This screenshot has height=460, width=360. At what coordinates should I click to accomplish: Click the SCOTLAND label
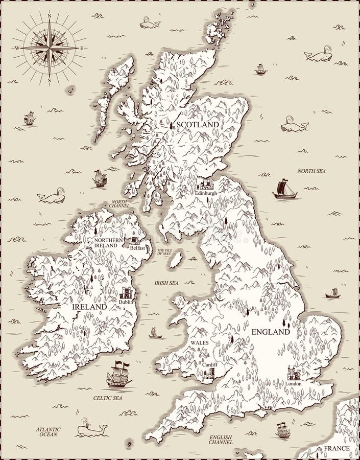(x=198, y=125)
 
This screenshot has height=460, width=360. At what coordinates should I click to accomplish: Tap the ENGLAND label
(x=271, y=332)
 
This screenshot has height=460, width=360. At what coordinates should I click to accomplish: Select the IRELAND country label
(x=89, y=307)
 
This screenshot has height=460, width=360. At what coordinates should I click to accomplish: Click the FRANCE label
(x=335, y=448)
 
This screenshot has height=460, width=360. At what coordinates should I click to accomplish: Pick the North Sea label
(x=311, y=171)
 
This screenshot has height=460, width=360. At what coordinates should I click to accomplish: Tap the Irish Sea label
(x=166, y=283)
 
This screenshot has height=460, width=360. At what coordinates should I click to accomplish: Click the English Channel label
(x=221, y=441)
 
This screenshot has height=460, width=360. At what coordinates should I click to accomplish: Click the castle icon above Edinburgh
(x=206, y=184)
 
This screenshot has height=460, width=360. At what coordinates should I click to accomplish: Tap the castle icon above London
(x=294, y=373)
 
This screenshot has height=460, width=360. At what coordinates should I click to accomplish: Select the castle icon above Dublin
(x=126, y=293)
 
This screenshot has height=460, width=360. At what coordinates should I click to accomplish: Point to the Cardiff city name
(x=209, y=364)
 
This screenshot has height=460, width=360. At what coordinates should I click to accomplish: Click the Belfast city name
(x=137, y=248)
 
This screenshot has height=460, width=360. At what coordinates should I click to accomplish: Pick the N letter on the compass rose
(x=50, y=16)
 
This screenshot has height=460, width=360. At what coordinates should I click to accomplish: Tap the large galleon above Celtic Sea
(x=118, y=375)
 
